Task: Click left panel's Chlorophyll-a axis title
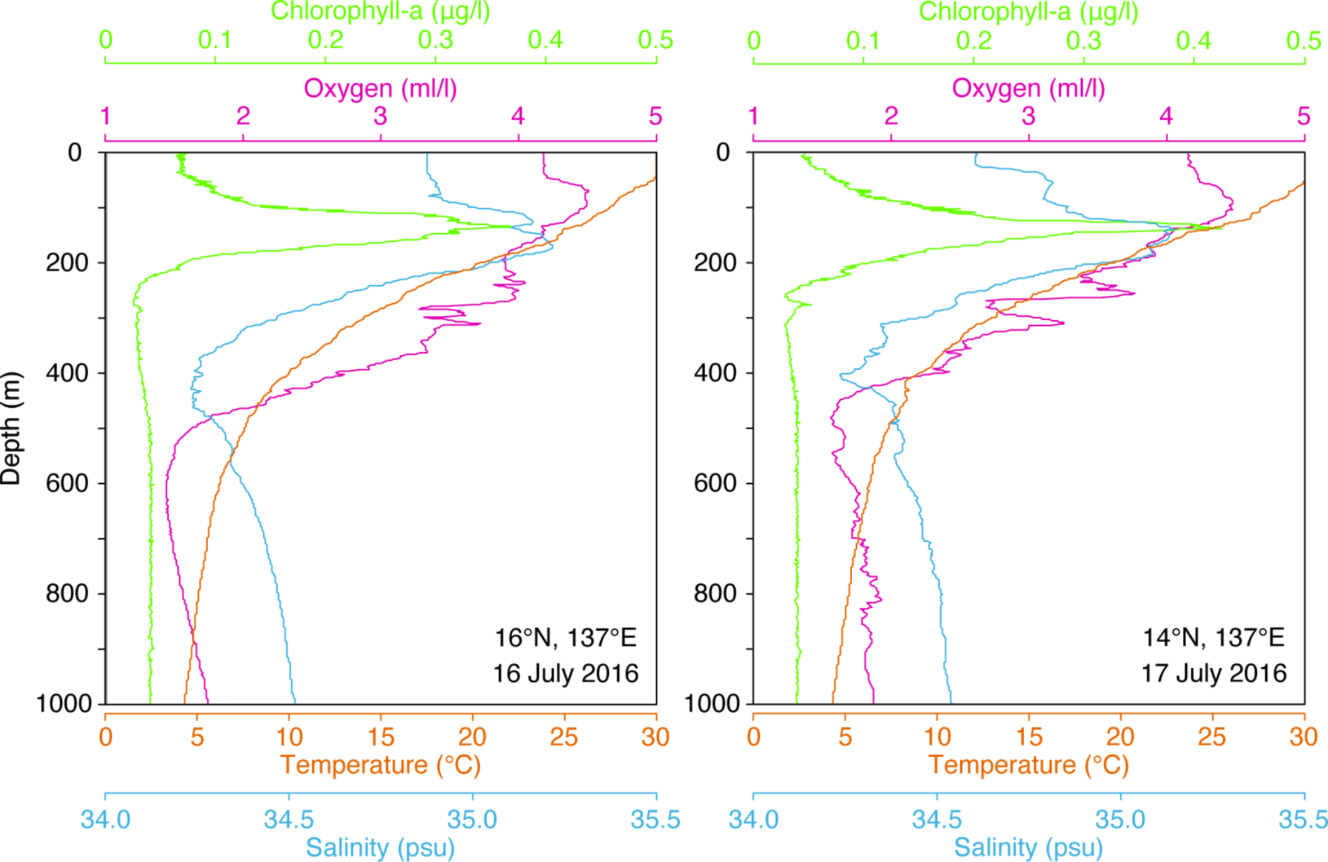click(x=380, y=11)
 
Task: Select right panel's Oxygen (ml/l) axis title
click(x=1028, y=88)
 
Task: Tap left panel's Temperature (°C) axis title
click(x=380, y=765)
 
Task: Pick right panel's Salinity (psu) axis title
click(x=1028, y=847)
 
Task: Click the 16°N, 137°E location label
click(x=565, y=638)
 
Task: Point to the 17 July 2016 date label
click(x=1214, y=673)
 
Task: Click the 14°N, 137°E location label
click(x=1214, y=638)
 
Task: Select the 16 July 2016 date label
click(x=565, y=673)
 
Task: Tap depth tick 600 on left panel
click(x=67, y=483)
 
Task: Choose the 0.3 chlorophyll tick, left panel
click(x=435, y=40)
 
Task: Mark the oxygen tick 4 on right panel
click(x=1166, y=116)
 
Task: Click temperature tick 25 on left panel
click(x=564, y=737)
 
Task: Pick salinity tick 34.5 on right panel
click(x=936, y=820)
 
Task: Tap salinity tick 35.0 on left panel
click(x=472, y=820)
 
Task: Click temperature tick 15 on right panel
click(x=1028, y=737)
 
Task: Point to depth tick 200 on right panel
click(x=715, y=263)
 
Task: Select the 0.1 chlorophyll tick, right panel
click(x=863, y=40)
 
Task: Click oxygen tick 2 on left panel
click(x=243, y=116)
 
